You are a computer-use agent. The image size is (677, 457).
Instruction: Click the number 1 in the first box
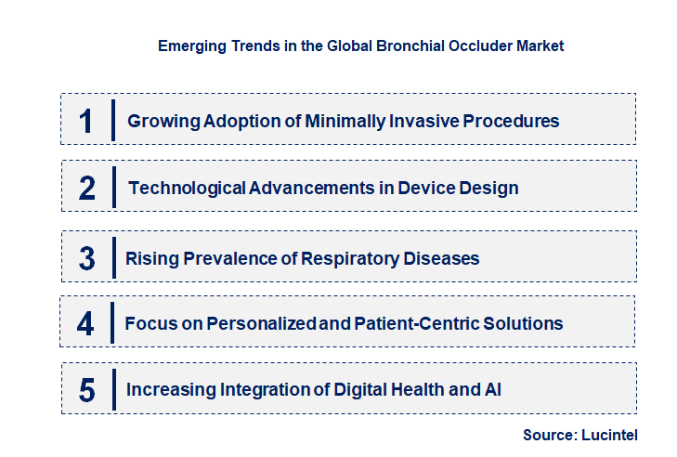tap(86, 121)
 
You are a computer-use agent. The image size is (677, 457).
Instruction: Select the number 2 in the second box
tap(87, 188)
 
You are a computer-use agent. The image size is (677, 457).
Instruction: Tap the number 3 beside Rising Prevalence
tap(87, 258)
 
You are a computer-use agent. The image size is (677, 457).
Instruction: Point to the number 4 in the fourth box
tap(86, 323)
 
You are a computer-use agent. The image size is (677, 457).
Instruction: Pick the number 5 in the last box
tap(87, 390)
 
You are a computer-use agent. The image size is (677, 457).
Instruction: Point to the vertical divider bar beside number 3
tap(112, 257)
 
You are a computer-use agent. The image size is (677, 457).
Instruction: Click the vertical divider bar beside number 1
tap(112, 121)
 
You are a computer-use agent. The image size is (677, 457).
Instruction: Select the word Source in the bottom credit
tap(550, 435)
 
